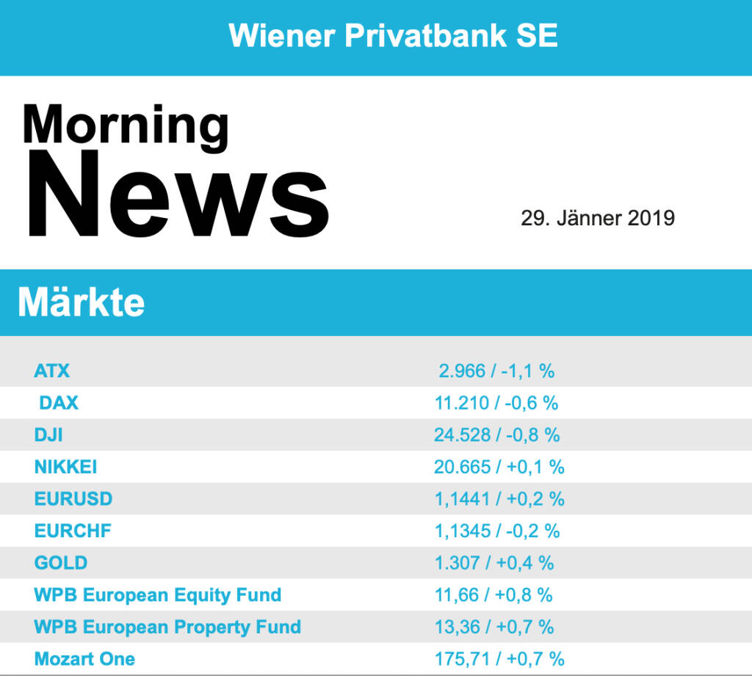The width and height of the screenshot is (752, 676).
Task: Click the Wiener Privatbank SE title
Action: click(x=393, y=35)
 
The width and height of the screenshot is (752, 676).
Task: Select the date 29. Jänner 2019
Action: click(x=597, y=218)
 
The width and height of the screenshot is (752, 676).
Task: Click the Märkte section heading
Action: click(x=81, y=302)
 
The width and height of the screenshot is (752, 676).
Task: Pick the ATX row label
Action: click(x=52, y=371)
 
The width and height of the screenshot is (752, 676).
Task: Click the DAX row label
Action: click(x=59, y=402)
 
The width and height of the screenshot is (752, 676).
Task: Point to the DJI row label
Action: click(x=48, y=435)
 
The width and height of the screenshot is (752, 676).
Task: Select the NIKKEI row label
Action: click(x=65, y=467)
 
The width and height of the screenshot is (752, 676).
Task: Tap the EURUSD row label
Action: click(x=73, y=499)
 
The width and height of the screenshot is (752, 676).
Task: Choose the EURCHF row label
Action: click(x=72, y=531)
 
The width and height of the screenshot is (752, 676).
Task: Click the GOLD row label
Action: click(x=61, y=563)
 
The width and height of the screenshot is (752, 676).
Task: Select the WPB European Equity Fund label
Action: click(x=157, y=595)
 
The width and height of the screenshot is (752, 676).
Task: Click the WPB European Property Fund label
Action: click(x=167, y=627)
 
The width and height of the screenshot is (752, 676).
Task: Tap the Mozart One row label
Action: click(x=84, y=659)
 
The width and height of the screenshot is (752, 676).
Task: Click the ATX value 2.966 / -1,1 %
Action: click(x=496, y=371)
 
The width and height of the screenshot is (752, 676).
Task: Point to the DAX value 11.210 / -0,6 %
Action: click(x=496, y=402)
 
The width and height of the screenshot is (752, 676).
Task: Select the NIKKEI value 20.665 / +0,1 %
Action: click(x=499, y=467)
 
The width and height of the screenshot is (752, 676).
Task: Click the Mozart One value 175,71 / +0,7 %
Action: click(x=499, y=659)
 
